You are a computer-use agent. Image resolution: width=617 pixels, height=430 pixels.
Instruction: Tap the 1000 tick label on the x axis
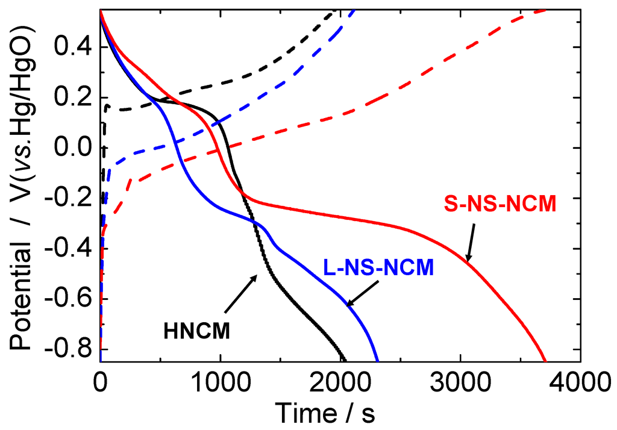(221, 383)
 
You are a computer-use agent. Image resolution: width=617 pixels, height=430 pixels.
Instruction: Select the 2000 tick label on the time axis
(340, 383)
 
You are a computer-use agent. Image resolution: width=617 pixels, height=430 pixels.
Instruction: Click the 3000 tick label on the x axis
(461, 383)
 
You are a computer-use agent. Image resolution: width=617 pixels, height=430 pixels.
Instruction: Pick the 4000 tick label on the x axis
(580, 383)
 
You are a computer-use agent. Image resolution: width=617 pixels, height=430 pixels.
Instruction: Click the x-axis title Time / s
(325, 413)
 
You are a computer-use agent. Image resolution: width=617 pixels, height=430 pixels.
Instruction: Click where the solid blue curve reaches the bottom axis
(378, 361)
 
